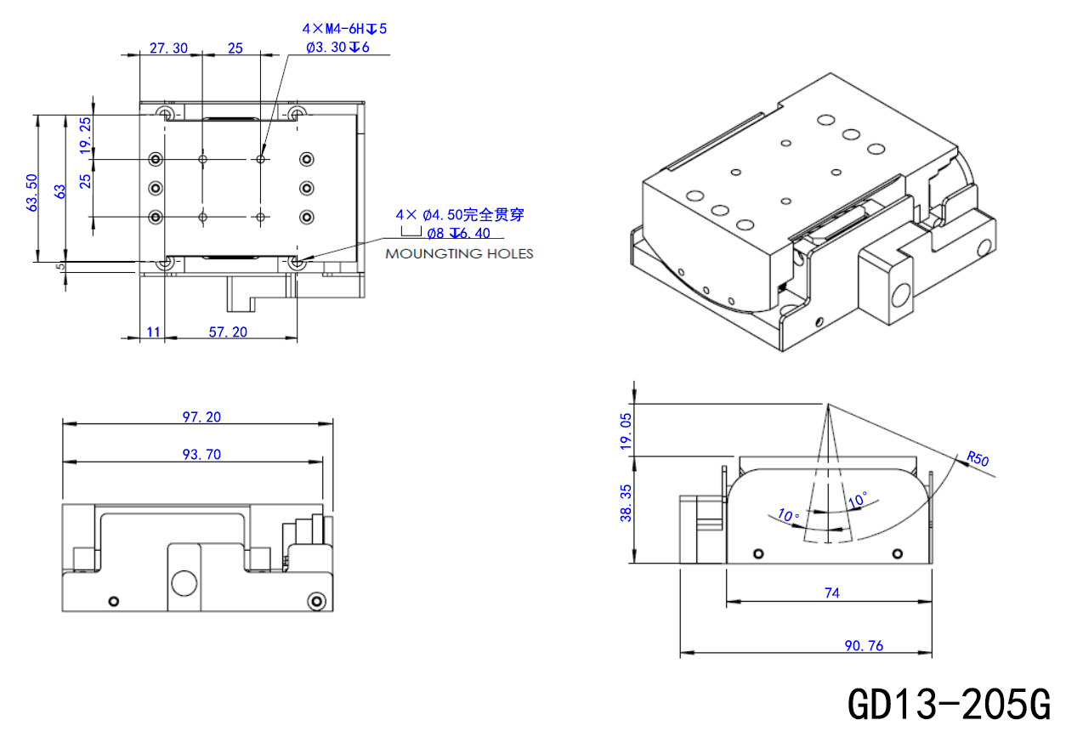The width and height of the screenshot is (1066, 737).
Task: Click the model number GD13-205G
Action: (949, 703)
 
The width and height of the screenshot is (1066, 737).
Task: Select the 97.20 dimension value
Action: (201, 417)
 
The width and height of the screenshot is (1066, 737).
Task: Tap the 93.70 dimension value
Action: (201, 455)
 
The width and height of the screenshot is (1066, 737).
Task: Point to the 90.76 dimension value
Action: (864, 646)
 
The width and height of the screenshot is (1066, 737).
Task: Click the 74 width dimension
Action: (832, 592)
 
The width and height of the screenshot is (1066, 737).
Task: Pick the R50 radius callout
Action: (978, 458)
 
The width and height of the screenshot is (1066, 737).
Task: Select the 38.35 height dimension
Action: (626, 503)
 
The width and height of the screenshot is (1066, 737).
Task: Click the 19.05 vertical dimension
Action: (626, 431)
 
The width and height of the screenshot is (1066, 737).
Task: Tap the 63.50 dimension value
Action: (31, 193)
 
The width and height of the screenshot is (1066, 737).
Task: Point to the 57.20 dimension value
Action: (228, 332)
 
